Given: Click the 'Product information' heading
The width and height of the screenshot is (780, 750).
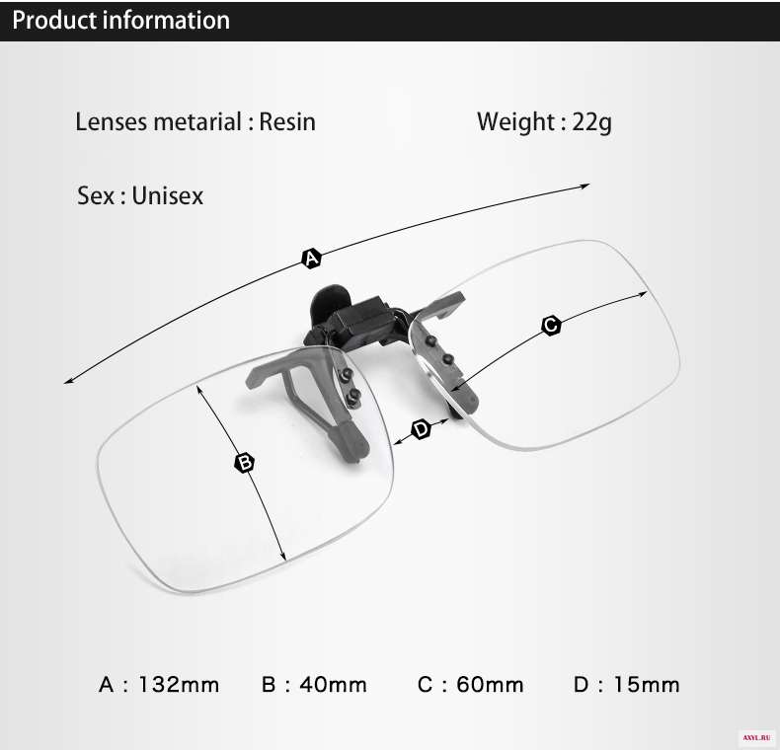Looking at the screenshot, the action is (x=120, y=21).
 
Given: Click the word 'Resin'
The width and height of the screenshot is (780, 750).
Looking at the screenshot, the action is (x=287, y=121).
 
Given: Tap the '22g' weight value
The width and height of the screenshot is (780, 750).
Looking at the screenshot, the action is (x=592, y=122).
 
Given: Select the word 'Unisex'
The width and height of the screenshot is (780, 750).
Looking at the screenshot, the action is (x=168, y=195).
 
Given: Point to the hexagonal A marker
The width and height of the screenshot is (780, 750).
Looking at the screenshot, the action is (x=311, y=259).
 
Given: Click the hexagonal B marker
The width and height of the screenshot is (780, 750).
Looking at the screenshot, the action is (x=244, y=463).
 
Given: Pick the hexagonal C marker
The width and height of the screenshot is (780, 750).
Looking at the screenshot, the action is (x=551, y=326).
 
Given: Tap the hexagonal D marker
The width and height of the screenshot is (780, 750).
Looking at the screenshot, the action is (x=422, y=428).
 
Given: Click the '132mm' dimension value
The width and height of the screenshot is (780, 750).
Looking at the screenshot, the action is (x=179, y=685).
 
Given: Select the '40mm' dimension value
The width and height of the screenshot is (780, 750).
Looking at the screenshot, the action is (x=334, y=685).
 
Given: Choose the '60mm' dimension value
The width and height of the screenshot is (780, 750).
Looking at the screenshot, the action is (x=490, y=685).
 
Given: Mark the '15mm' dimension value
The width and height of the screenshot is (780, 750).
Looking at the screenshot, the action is (x=646, y=685).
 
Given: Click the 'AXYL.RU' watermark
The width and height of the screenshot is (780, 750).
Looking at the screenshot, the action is (x=756, y=738).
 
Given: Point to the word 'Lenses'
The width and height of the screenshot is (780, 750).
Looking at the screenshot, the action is (x=111, y=121).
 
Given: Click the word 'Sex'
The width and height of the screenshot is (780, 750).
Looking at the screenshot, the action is (x=96, y=195).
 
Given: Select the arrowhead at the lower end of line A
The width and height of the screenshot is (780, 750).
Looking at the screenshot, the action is (x=68, y=382).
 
